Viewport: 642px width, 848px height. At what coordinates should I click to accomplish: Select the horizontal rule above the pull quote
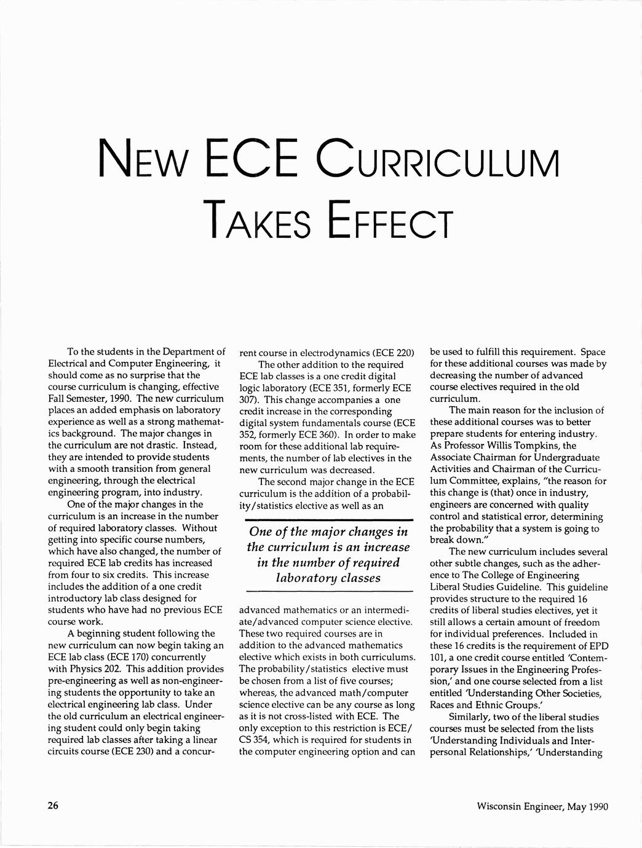[x=328, y=520]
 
